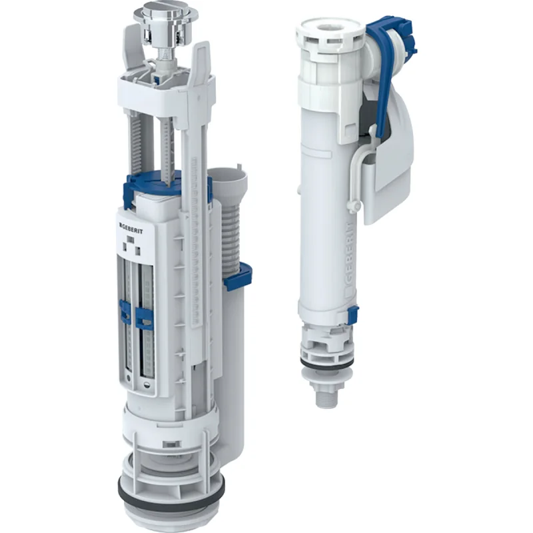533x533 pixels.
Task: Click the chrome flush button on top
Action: click(161, 13)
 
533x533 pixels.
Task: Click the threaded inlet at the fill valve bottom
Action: click(326, 395)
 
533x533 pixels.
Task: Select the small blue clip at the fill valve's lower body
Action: click(353, 315)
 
